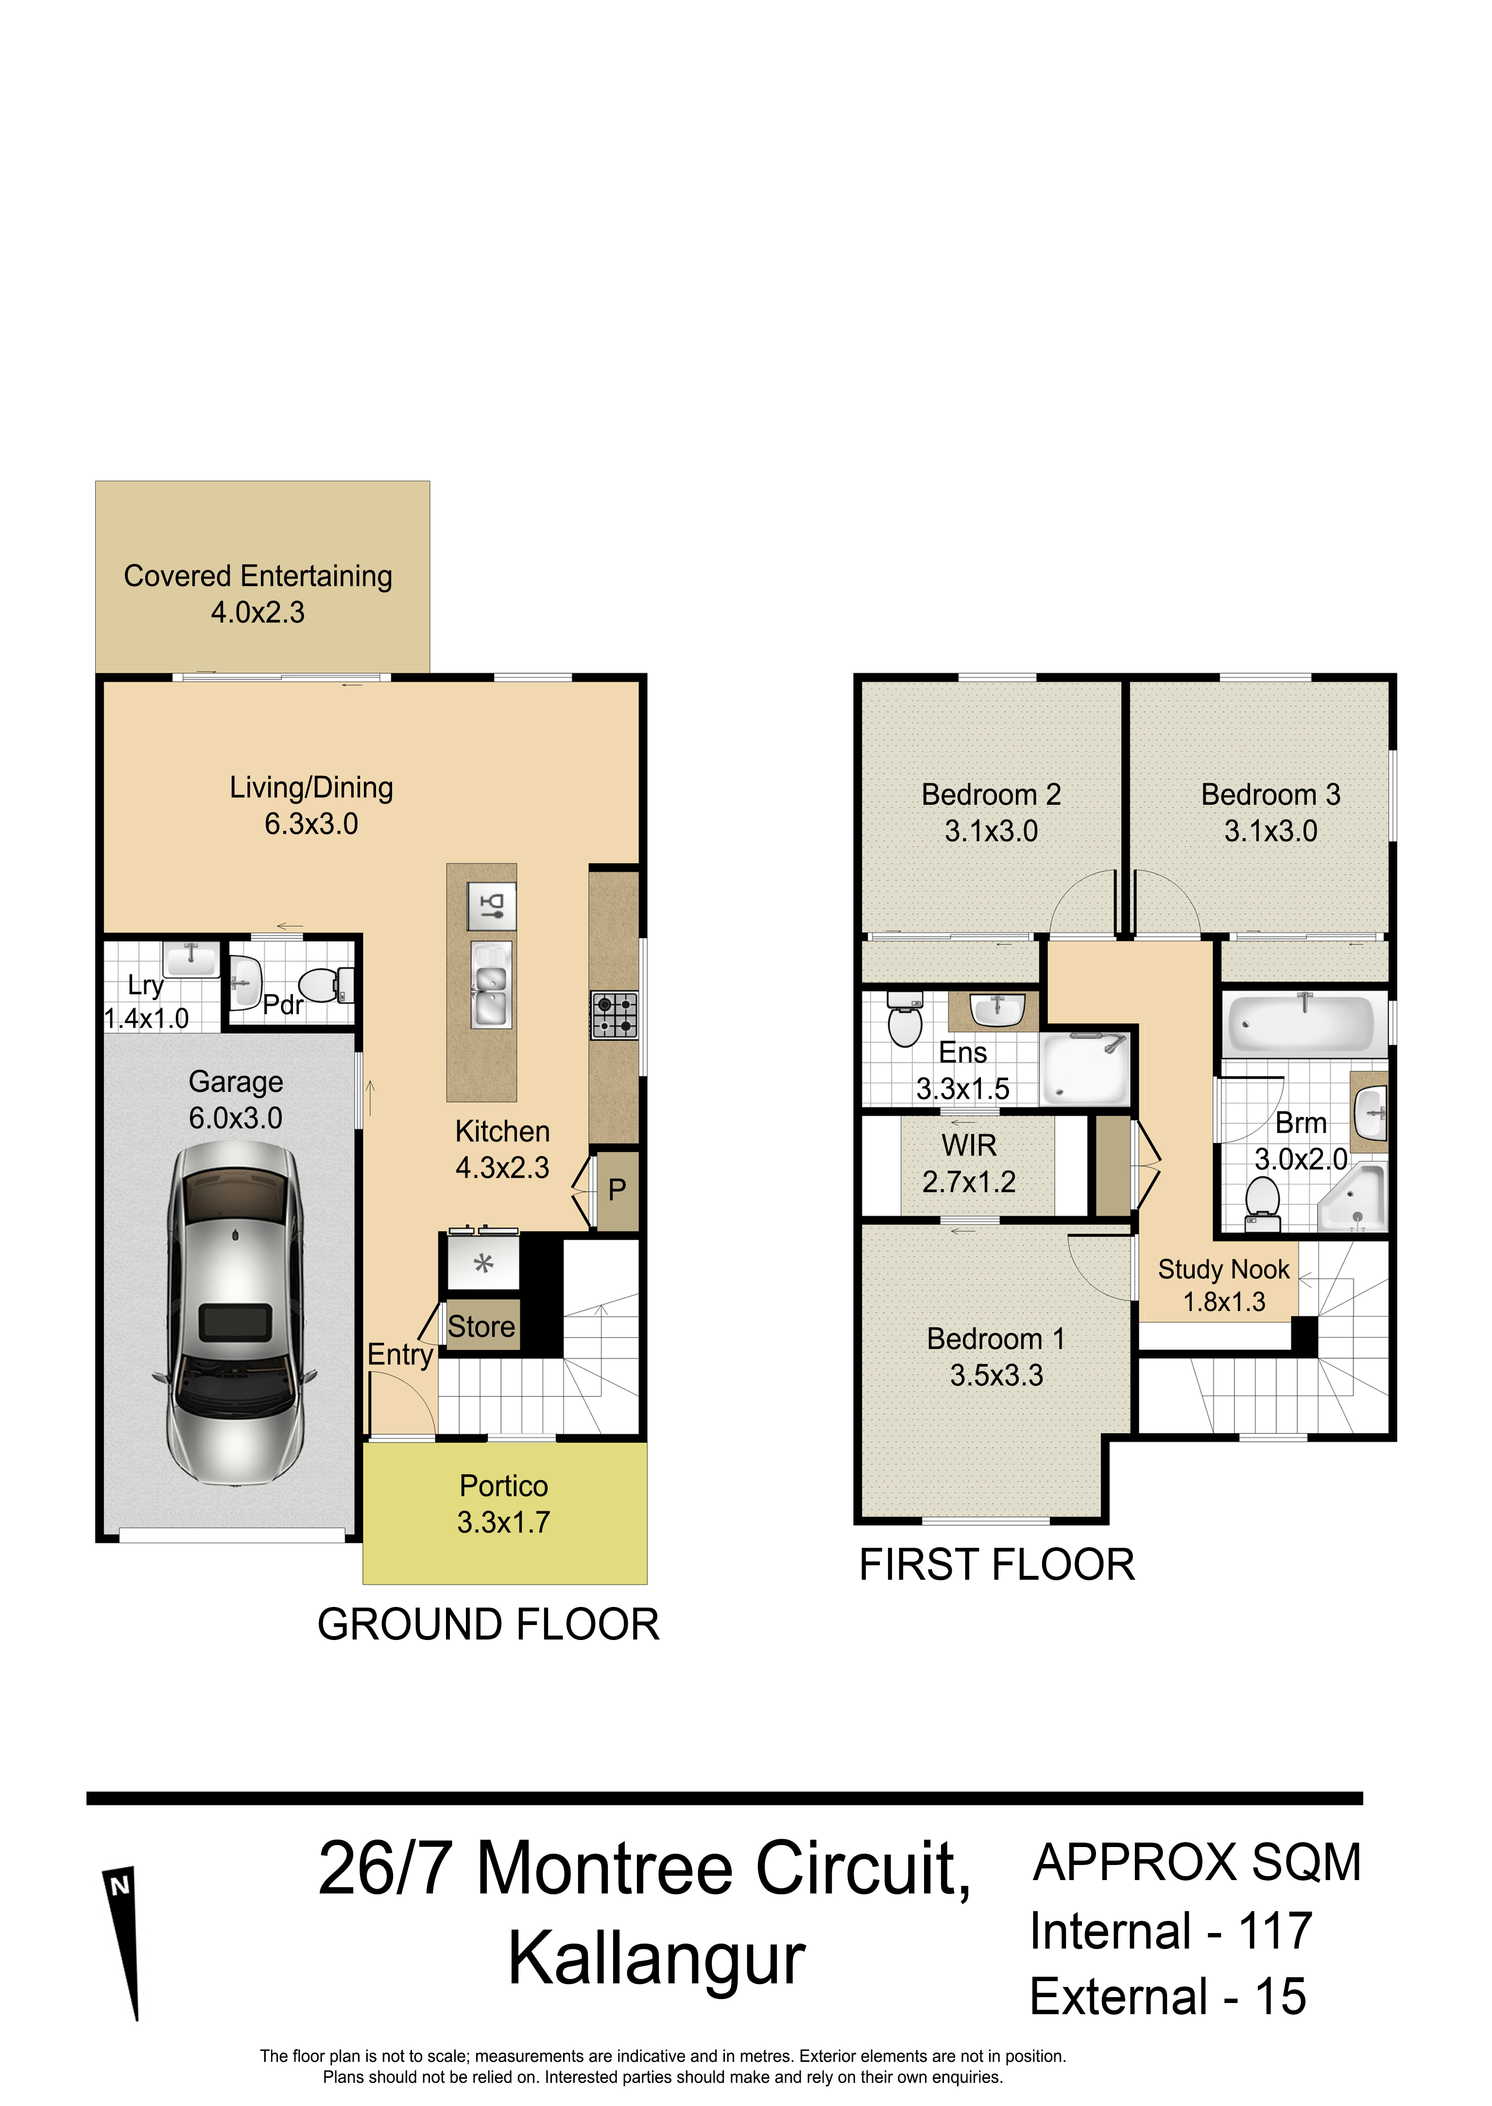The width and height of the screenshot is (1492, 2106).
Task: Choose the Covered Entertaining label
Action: [x=258, y=576]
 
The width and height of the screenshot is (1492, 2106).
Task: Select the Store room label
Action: [x=481, y=1327]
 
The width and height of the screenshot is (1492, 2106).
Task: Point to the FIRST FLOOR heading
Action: [x=997, y=1565]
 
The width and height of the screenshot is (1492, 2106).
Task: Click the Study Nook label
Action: [x=1224, y=1270]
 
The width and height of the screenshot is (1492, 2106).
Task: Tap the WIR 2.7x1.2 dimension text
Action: [x=969, y=1183]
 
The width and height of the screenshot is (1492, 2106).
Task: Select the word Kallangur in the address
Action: [x=657, y=1958]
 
